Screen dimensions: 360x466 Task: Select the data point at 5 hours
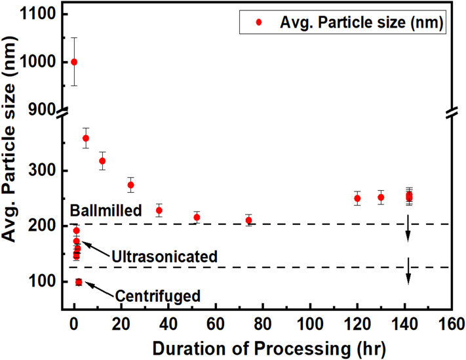point(85,138)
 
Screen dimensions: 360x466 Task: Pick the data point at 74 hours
point(248,220)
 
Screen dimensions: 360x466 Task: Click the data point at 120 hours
point(357,198)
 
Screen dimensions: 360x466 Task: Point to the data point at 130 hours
point(381,197)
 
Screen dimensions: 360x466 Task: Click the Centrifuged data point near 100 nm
point(79,282)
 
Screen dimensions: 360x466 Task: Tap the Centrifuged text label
point(157,296)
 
